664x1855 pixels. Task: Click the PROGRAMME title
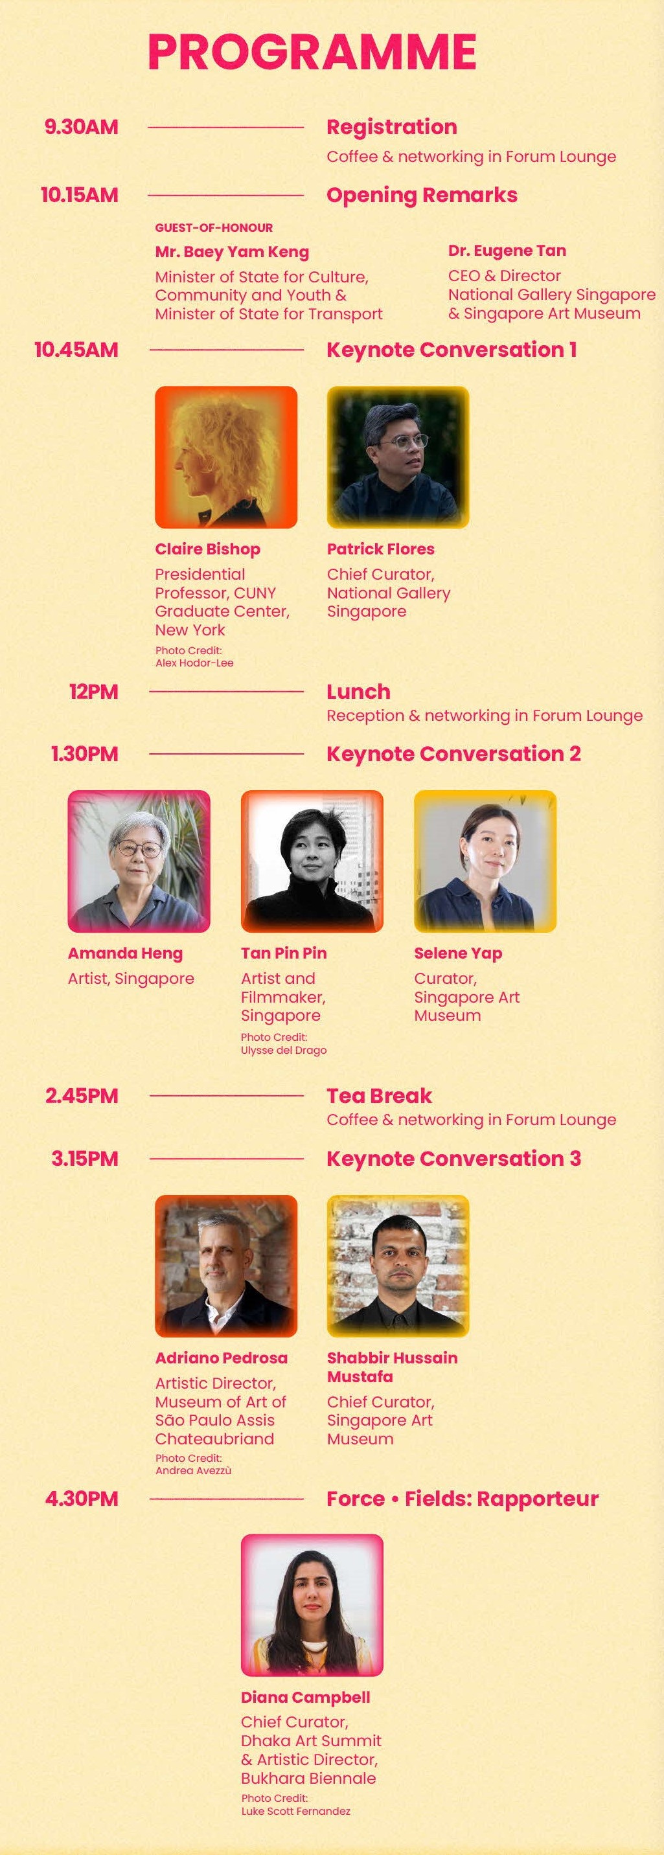click(x=312, y=52)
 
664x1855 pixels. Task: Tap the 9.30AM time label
click(x=81, y=128)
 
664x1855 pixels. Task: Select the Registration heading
click(x=392, y=128)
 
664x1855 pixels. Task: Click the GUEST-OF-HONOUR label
click(x=214, y=227)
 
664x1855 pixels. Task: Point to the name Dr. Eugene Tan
click(x=507, y=251)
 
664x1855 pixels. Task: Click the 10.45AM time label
click(x=76, y=350)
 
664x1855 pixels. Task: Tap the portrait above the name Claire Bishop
click(x=226, y=457)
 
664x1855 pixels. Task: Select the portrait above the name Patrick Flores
click(x=398, y=457)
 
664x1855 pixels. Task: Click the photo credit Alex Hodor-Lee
click(x=194, y=663)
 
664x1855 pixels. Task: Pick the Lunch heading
click(x=359, y=691)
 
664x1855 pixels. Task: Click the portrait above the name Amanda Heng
click(x=139, y=861)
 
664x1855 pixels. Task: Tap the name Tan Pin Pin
click(x=284, y=953)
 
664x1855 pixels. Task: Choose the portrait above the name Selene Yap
click(x=485, y=861)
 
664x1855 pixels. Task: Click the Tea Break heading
click(x=379, y=1095)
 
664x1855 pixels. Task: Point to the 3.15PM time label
click(x=84, y=1159)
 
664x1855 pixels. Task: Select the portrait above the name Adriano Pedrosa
click(x=226, y=1266)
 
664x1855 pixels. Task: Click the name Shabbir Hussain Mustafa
click(x=392, y=1367)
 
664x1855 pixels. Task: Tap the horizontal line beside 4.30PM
click(x=226, y=1499)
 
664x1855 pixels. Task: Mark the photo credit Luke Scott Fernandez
click(x=296, y=1811)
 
